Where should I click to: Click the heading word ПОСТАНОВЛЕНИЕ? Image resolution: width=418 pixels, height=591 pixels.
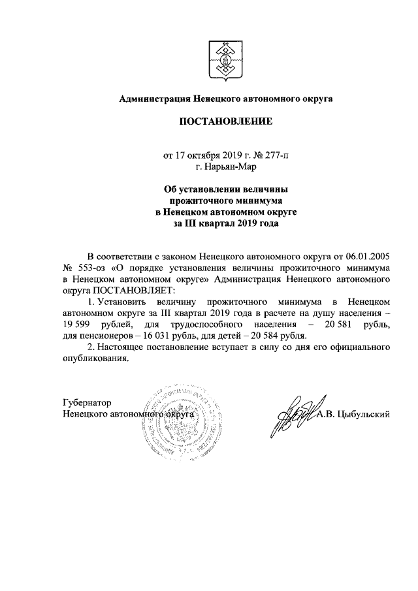(225, 121)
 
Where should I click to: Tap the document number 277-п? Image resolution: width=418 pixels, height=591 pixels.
(279, 156)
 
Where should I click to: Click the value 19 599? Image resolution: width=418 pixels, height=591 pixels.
(78, 325)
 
